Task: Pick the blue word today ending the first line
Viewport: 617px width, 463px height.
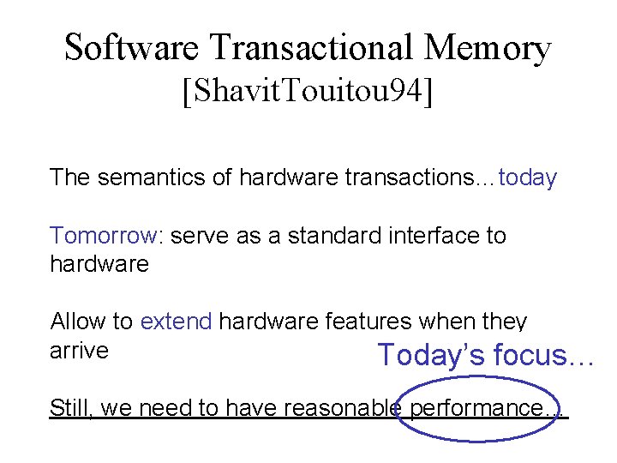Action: click(528, 178)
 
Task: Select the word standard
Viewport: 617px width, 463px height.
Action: click(321, 236)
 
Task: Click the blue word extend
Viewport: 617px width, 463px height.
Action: click(176, 322)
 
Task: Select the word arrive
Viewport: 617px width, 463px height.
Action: click(79, 351)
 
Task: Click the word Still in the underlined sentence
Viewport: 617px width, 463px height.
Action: click(70, 408)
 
